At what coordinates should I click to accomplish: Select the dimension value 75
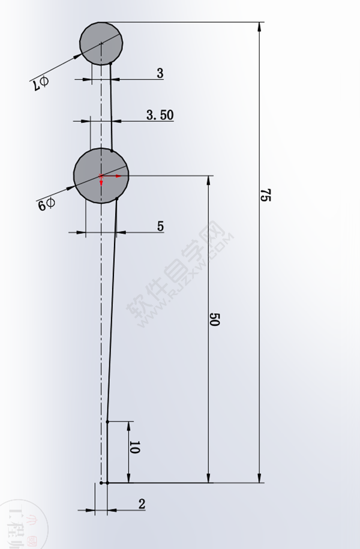coord(265,195)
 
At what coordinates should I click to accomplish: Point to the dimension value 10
coord(134,448)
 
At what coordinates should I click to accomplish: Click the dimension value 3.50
coord(160,115)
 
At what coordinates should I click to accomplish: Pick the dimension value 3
coord(160,73)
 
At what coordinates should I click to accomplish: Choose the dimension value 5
coord(160,226)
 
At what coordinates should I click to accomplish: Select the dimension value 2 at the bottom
coord(142,504)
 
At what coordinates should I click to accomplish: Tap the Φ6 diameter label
coord(46,205)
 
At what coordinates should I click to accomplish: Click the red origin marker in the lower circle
coord(101,176)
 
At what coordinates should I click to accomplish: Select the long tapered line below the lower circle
coord(112,312)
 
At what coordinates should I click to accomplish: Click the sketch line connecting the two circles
coord(111,108)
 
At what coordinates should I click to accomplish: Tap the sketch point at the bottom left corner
coord(102,482)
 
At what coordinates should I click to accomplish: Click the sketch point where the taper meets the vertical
coord(107,422)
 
